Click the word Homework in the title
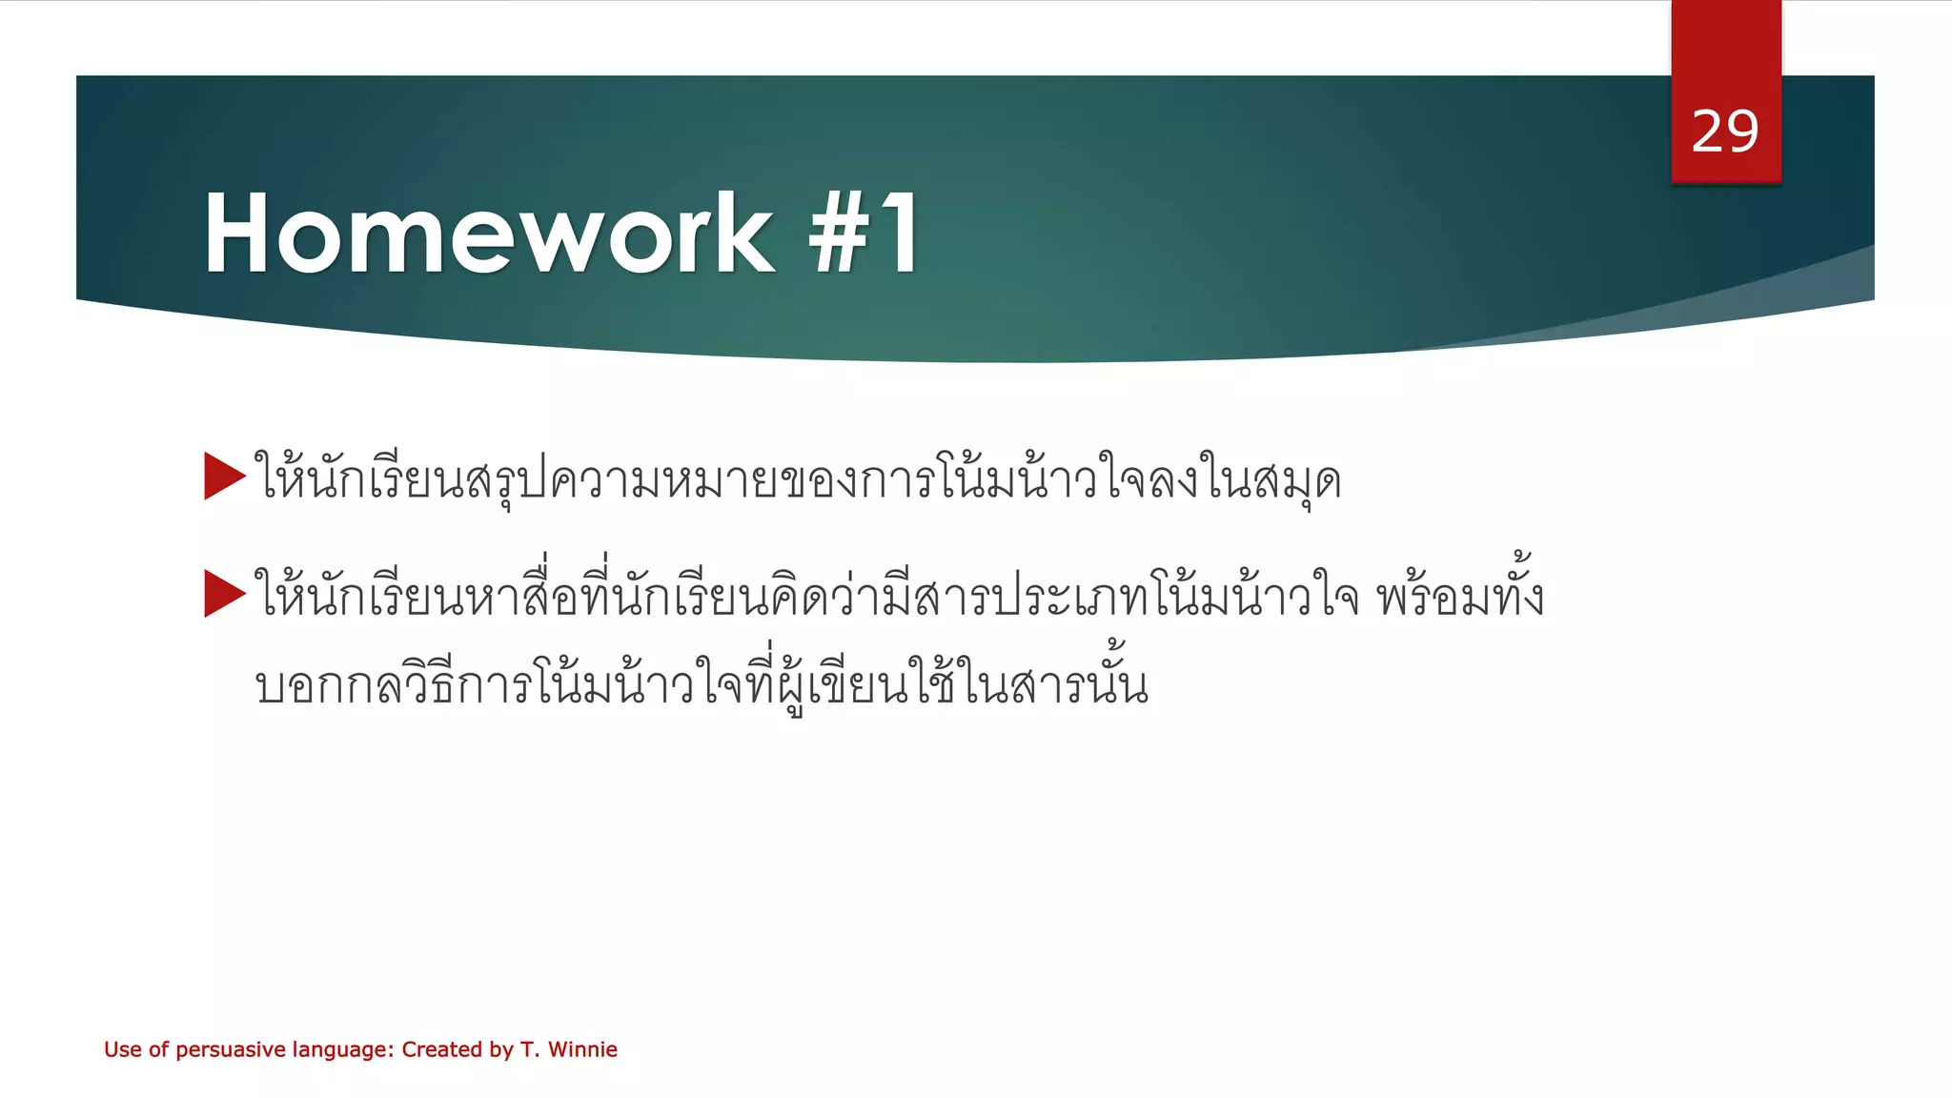(x=488, y=234)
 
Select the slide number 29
(x=1725, y=132)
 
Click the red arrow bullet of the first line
(x=225, y=477)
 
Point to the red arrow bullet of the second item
(x=225, y=594)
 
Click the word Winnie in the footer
(x=582, y=1049)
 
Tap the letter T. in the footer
(x=529, y=1049)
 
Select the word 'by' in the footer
(x=501, y=1050)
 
